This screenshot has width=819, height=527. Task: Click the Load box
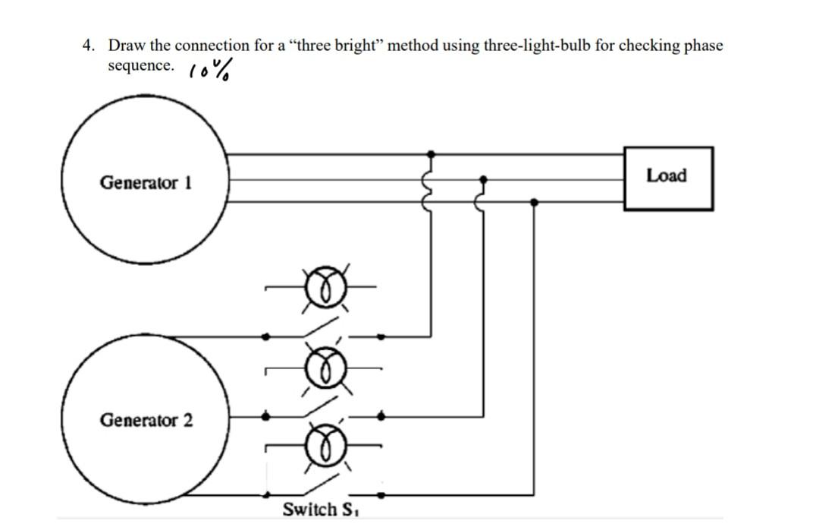click(x=667, y=178)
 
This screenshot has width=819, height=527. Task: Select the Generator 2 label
click(x=146, y=419)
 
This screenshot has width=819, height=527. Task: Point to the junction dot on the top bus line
click(x=431, y=153)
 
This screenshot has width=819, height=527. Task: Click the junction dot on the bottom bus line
click(x=535, y=202)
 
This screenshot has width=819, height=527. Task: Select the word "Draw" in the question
click(x=127, y=46)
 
